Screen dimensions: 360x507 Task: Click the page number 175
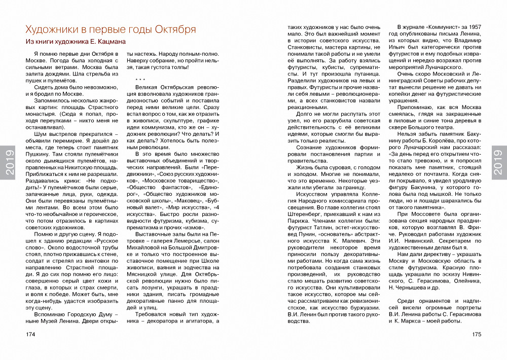click(x=476, y=335)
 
